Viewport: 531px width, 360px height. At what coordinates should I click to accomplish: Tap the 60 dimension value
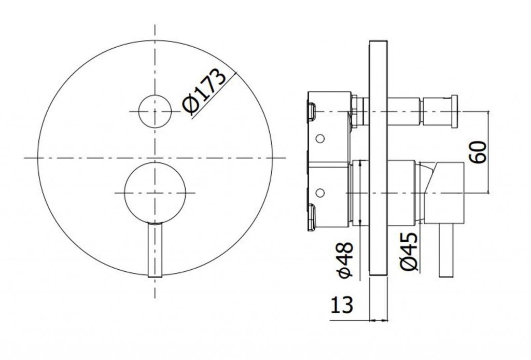(x=479, y=153)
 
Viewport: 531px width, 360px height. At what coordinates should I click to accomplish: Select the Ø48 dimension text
(x=346, y=260)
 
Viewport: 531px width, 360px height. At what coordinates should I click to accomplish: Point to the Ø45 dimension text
(x=409, y=251)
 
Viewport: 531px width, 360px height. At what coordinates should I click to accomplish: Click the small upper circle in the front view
(x=155, y=112)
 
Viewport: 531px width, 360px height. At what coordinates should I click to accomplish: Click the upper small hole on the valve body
(x=319, y=138)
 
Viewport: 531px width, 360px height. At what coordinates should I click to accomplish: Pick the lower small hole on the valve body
(x=319, y=192)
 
